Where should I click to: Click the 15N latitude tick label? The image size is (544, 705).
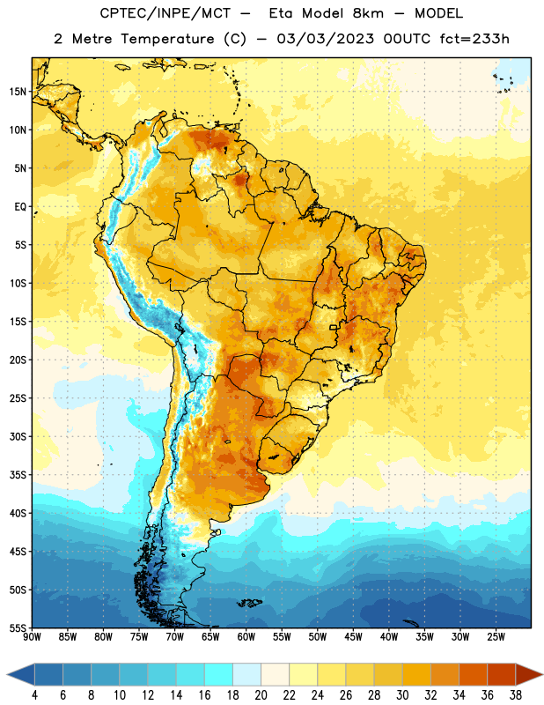pyautogui.click(x=18, y=92)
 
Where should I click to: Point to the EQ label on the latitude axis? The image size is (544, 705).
pyautogui.click(x=20, y=207)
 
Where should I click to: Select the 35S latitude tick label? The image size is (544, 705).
pyautogui.click(x=18, y=475)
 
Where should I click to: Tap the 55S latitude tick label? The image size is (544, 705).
pyautogui.click(x=18, y=627)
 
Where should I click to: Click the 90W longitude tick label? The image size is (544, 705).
pyautogui.click(x=32, y=636)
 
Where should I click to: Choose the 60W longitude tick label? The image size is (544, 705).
pyautogui.click(x=246, y=636)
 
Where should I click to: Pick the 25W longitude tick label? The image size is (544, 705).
pyautogui.click(x=496, y=636)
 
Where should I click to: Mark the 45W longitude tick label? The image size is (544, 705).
pyautogui.click(x=353, y=636)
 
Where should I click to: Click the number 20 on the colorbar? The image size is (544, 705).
pyautogui.click(x=261, y=695)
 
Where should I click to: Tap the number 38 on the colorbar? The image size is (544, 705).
pyautogui.click(x=516, y=695)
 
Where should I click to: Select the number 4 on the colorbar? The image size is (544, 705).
pyautogui.click(x=34, y=695)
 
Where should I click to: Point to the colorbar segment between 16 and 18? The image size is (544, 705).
pyautogui.click(x=218, y=674)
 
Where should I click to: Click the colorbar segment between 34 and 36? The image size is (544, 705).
pyautogui.click(x=473, y=674)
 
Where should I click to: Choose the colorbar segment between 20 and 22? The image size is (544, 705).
pyautogui.click(x=275, y=674)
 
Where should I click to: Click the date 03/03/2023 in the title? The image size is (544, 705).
pyautogui.click(x=325, y=39)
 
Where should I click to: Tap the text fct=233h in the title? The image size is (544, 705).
pyautogui.click(x=474, y=39)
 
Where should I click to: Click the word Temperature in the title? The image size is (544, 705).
pyautogui.click(x=167, y=39)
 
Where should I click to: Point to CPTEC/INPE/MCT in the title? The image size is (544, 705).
pyautogui.click(x=165, y=13)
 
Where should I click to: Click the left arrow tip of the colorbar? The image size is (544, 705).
pyautogui.click(x=7, y=674)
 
